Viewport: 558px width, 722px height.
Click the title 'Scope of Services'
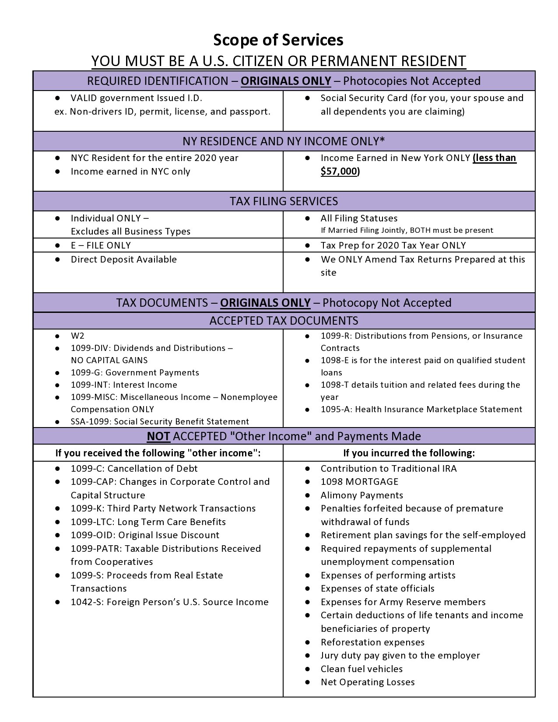click(x=278, y=40)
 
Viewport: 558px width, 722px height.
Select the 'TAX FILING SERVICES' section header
click(x=284, y=201)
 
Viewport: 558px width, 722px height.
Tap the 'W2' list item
click(x=77, y=336)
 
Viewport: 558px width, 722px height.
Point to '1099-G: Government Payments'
click(x=135, y=373)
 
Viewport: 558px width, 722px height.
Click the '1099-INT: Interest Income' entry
click(x=124, y=385)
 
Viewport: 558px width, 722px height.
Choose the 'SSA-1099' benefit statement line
click(x=160, y=422)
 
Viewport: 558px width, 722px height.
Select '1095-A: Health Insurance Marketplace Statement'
click(x=421, y=410)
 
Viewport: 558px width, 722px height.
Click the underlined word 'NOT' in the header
click(x=158, y=436)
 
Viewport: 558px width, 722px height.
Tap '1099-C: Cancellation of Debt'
click(x=134, y=469)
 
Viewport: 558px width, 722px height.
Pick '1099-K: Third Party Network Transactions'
click(x=163, y=508)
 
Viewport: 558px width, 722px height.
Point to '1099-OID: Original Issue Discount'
click(x=145, y=535)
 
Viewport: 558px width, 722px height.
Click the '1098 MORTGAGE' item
click(x=359, y=482)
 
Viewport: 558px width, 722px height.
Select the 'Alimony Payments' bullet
click(x=361, y=495)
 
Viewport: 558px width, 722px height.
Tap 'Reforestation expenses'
click(x=372, y=642)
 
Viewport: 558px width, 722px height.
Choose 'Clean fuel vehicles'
click(x=361, y=669)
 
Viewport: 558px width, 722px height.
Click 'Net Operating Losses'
click(x=368, y=682)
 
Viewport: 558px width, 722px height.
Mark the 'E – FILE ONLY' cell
click(x=101, y=245)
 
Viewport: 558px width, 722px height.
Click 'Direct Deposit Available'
click(x=123, y=259)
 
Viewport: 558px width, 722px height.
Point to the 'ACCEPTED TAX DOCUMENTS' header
click(x=284, y=321)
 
